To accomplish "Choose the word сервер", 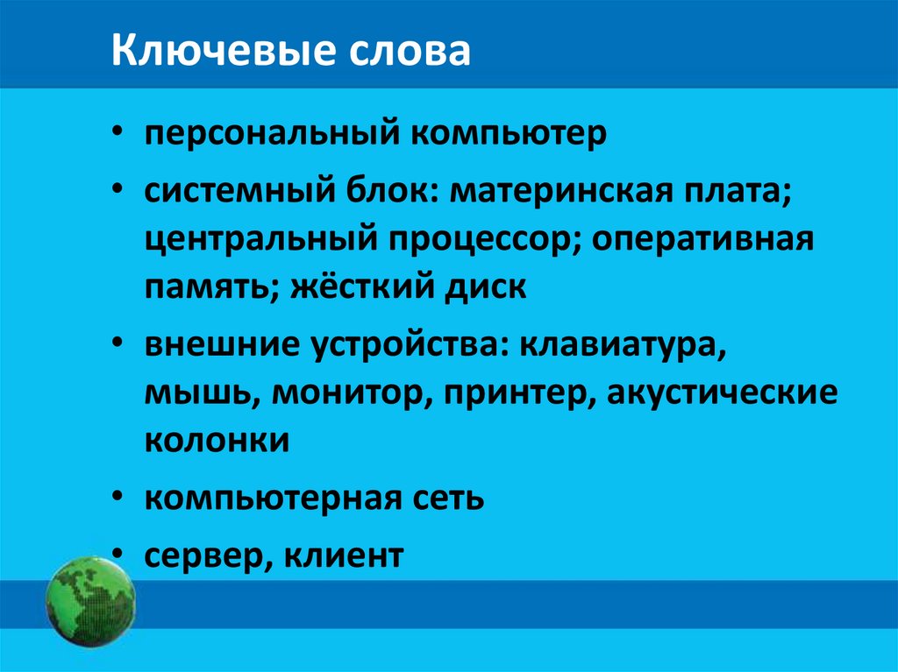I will (x=201, y=555).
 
